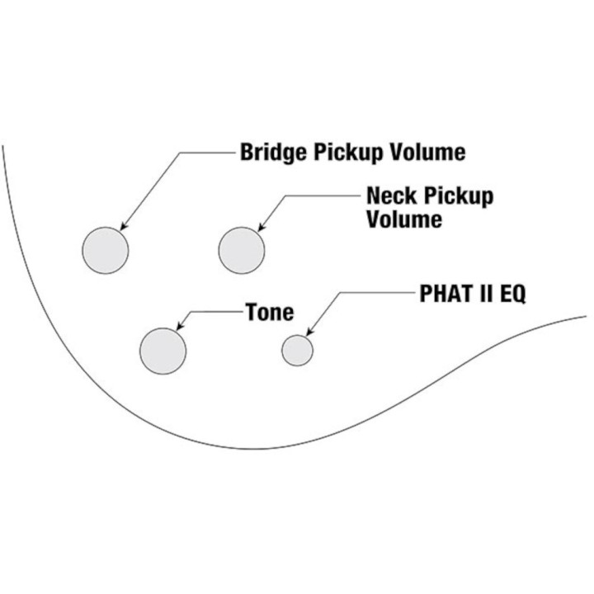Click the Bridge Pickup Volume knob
coord(106,251)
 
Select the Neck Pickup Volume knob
coord(241,251)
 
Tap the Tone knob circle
coord(163,351)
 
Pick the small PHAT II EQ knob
coord(297,351)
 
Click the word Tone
coord(270,312)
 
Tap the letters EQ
coord(513,294)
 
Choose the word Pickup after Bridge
coord(348,153)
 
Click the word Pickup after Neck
coord(459,196)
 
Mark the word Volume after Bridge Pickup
coord(428,152)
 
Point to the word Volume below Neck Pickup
coord(404,219)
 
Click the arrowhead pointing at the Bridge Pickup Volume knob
coord(123,226)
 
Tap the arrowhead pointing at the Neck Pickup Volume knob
coord(261,228)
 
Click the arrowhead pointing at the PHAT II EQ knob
coord(309,332)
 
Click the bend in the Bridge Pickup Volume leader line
coord(180,153)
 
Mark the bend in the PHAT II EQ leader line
coord(340,292)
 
